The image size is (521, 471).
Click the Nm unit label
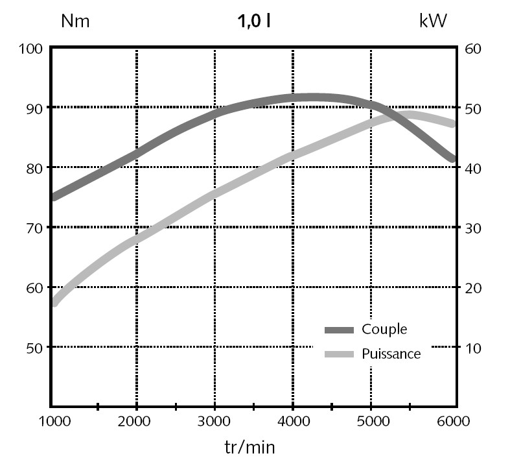75,21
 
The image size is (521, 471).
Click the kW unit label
434,21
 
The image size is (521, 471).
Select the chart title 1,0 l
253,21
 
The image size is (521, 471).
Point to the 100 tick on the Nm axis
30,49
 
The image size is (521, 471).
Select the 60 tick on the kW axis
472,49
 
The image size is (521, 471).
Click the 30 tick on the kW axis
472,228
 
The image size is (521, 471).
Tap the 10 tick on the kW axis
472,347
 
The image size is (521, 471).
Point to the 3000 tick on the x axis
214,422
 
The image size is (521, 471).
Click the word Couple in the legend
385,330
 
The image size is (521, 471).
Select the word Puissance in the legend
391,354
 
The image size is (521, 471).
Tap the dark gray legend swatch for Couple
339,330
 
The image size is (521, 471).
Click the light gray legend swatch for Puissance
339,354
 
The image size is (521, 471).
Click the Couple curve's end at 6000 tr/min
452,158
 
